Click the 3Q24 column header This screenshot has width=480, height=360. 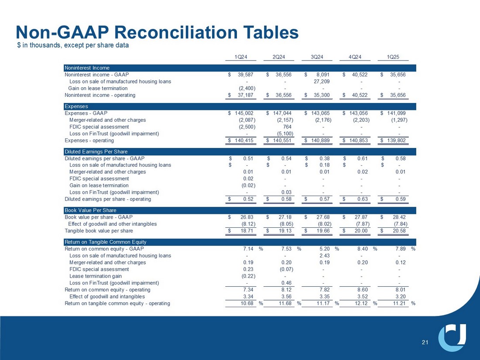[317, 56]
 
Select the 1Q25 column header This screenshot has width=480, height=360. [399, 56]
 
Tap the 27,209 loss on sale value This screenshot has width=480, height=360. [322, 81]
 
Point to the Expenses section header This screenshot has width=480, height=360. [76, 106]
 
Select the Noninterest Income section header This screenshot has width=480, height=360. [87, 68]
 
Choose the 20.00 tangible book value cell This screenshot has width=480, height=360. [362, 231]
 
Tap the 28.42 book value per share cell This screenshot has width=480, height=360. [399, 217]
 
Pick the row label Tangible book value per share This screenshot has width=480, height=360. [99, 231]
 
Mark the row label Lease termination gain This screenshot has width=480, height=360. [96, 276]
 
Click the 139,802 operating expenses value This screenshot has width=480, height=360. [396, 141]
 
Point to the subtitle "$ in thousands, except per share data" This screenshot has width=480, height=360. [73, 45]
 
